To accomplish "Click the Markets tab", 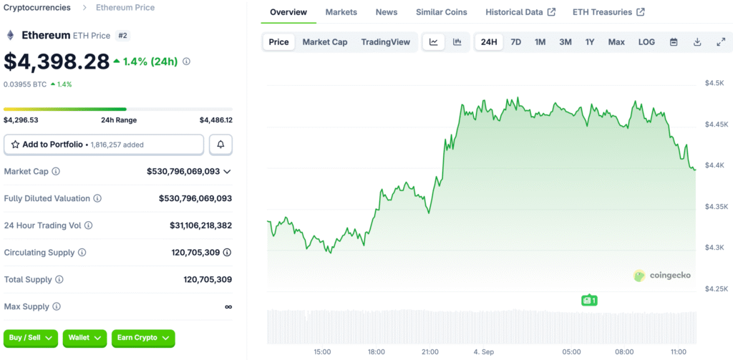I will [341, 12].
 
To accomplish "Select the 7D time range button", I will [515, 42].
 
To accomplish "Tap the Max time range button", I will [616, 42].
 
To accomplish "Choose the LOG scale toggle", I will [646, 42].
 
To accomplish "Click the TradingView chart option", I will [386, 42].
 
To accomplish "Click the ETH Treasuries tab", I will [608, 12].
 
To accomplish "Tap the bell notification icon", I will [220, 145].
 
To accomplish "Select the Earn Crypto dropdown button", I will [143, 338].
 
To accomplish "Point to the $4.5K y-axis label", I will [714, 83].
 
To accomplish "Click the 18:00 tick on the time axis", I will [377, 352].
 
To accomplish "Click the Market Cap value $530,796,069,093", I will [183, 172].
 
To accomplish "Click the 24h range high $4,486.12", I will [215, 120].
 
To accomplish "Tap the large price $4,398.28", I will [57, 62].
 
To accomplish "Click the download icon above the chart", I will [697, 42].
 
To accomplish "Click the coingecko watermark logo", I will [662, 276].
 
